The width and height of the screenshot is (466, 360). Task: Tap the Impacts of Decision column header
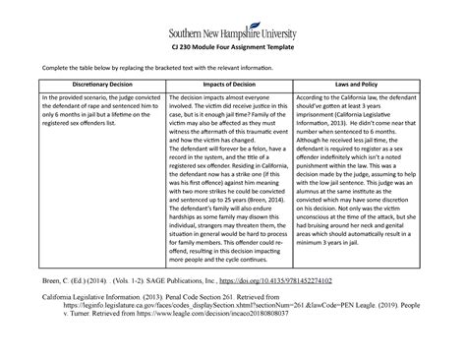click(x=232, y=86)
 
